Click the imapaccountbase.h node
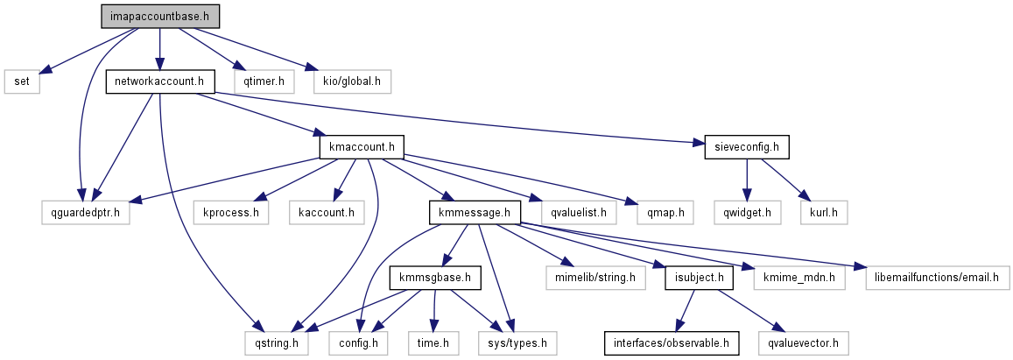[158, 17]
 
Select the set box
[22, 82]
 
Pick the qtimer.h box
[264, 82]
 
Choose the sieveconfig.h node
[747, 146]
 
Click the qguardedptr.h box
[85, 212]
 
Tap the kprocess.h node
[231, 212]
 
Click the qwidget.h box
[747, 212]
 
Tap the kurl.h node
[822, 212]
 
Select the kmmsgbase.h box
[435, 278]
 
